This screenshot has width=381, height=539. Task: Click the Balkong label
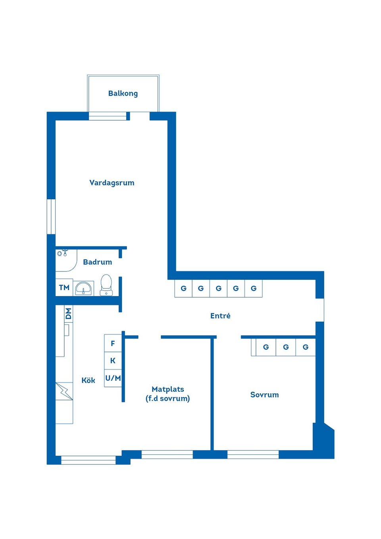(123, 93)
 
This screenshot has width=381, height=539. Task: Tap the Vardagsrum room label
(112, 183)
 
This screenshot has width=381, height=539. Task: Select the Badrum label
(97, 262)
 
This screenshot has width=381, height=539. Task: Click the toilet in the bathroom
(106, 285)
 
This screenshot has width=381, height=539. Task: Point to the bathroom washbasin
(83, 288)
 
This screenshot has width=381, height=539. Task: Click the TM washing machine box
(64, 287)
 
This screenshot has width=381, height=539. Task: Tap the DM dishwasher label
(69, 314)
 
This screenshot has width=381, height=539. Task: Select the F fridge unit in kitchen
(113, 343)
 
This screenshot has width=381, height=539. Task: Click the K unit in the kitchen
(113, 361)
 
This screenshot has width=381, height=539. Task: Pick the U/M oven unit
(113, 378)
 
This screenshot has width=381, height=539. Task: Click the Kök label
(88, 380)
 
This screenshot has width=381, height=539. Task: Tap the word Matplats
(168, 389)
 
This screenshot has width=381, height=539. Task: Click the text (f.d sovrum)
(168, 398)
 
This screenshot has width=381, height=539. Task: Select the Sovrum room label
(265, 395)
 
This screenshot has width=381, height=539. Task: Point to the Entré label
(220, 316)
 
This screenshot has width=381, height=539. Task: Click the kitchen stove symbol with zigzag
(64, 391)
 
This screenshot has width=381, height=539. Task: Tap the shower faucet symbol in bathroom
(62, 253)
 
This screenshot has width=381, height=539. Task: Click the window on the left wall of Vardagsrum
(51, 217)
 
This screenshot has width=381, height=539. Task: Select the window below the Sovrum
(253, 454)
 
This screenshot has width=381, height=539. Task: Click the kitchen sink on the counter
(67, 330)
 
